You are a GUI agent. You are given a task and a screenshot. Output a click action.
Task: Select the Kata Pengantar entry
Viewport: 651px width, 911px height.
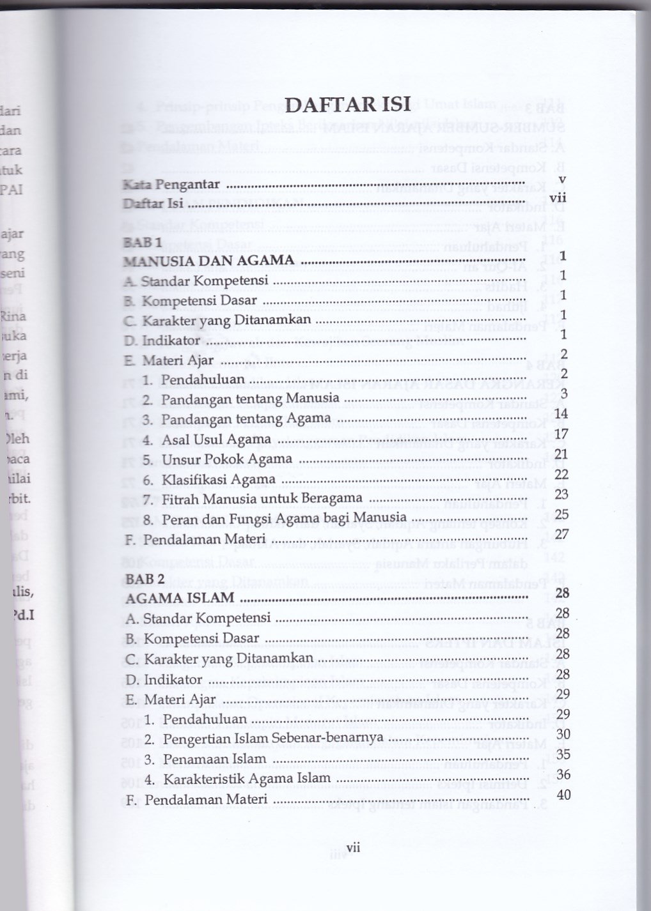171,185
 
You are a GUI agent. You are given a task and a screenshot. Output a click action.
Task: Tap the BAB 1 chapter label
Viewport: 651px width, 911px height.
141,242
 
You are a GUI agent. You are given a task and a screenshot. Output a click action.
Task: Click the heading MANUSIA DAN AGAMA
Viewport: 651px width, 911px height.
209,261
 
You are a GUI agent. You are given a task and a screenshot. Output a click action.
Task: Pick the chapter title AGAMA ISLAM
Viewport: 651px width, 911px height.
180,599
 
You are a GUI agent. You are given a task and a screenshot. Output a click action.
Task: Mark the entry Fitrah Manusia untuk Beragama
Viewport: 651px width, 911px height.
253,499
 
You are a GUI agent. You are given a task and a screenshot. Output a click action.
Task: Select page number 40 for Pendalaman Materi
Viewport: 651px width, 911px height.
563,795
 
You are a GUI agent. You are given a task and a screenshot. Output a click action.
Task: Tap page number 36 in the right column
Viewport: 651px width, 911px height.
563,774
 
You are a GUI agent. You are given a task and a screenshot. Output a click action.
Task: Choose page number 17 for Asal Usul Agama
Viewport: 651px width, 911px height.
562,434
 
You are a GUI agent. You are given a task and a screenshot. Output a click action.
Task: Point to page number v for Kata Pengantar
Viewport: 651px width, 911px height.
561,180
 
